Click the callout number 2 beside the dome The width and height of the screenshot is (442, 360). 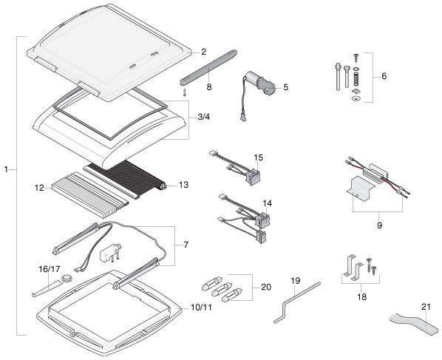coord(203,52)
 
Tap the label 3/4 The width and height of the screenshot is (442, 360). coord(203,117)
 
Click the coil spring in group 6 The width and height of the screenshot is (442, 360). coord(356,78)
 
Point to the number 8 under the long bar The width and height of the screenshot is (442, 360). coord(208,87)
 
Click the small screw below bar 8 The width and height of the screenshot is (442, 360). coord(184,92)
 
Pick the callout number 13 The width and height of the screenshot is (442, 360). coord(183,185)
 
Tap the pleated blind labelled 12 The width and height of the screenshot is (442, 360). coord(90,195)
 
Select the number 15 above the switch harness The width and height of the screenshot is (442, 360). coord(258,157)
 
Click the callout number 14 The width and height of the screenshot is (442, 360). coord(268,203)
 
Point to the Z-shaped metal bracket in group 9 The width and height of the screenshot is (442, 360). coord(361,189)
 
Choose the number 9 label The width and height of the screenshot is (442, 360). coord(379,225)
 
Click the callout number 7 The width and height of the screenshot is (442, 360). coord(186,245)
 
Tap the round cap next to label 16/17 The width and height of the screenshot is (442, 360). coord(67,278)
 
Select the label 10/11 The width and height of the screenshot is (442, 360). coord(201,308)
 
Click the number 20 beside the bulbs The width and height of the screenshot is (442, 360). coord(266,288)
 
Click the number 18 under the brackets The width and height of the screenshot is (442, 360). coord(361,297)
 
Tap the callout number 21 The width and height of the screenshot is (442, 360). coord(426,307)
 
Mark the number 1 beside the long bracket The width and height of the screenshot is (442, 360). coord(6,169)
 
